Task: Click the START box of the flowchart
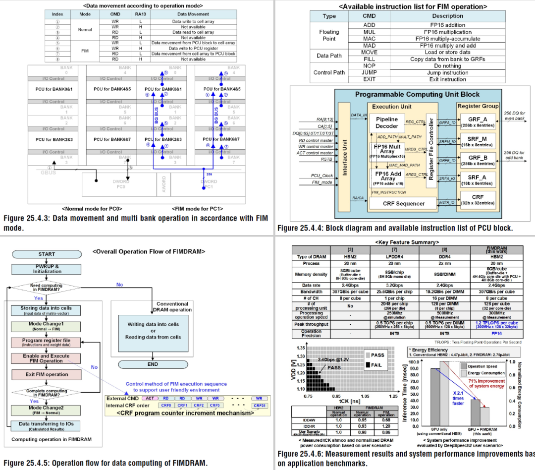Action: [47, 254]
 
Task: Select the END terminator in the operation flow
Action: [153, 364]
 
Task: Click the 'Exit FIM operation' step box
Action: [47, 374]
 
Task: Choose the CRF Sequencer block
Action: [404, 203]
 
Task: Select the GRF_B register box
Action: [478, 160]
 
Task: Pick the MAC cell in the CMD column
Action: [369, 39]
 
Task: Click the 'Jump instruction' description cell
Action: [447, 72]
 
